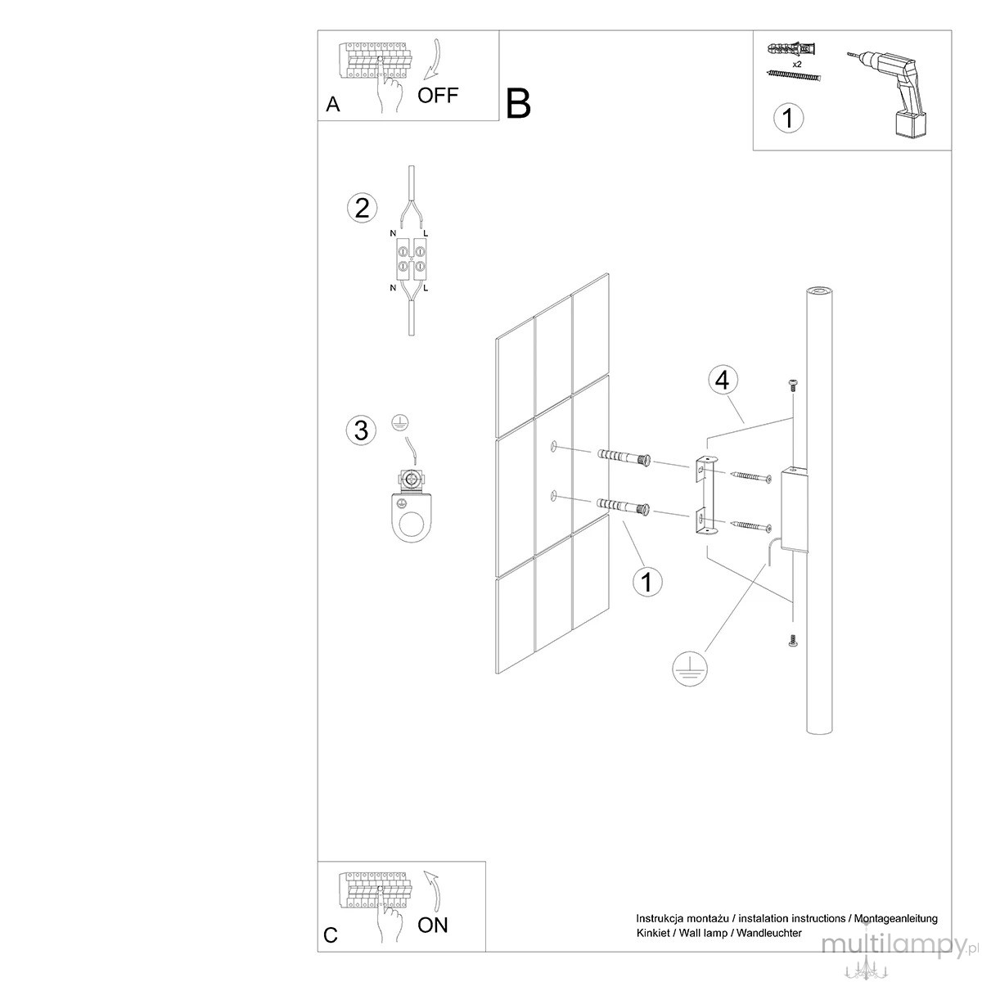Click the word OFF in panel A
tap(437, 95)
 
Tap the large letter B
tap(518, 103)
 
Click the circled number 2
tap(362, 209)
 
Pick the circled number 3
tap(362, 430)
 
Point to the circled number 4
tap(723, 381)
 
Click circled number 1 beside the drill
tap(788, 118)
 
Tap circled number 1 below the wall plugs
tap(647, 582)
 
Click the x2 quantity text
tap(797, 65)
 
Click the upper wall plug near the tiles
tap(624, 458)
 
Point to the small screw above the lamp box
tap(793, 399)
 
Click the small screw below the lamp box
tap(792, 641)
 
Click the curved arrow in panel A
tap(435, 60)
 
